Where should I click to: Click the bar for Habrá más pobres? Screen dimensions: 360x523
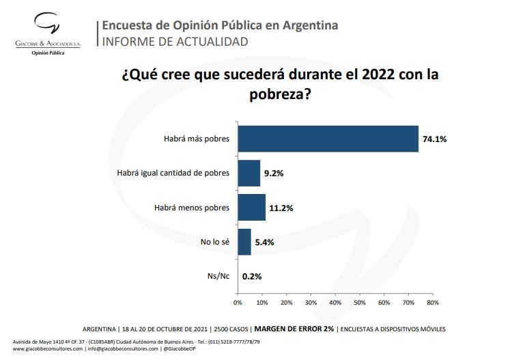point(328,139)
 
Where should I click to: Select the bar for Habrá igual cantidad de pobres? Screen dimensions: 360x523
point(249,173)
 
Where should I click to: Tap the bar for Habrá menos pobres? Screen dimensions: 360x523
point(251,207)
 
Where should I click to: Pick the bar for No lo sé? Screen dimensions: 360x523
point(244,242)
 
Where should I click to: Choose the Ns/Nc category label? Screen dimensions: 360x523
point(218,276)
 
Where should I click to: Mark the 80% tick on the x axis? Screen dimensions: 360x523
point(432,301)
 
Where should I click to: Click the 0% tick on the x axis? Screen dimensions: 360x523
point(238,301)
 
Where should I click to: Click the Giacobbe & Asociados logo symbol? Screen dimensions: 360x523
point(47,26)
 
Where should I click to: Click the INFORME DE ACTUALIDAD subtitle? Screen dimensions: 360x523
point(175,42)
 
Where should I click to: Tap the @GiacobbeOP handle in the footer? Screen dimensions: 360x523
point(182,349)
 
